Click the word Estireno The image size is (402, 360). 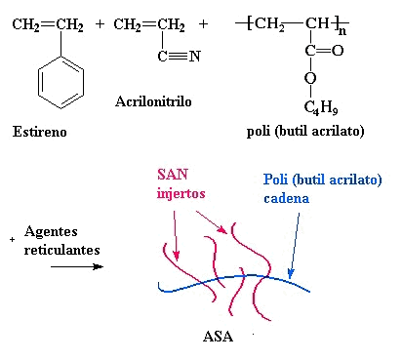(x=42, y=130)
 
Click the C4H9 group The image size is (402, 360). (x=317, y=107)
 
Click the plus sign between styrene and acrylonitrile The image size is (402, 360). (x=100, y=21)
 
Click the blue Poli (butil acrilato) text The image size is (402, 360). (x=321, y=180)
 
